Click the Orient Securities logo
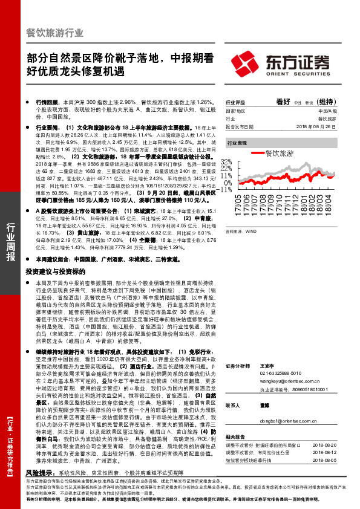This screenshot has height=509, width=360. point(287,63)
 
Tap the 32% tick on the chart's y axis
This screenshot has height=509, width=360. point(227,163)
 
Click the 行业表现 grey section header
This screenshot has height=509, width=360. point(237,143)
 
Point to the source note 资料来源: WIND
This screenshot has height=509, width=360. point(240,231)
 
